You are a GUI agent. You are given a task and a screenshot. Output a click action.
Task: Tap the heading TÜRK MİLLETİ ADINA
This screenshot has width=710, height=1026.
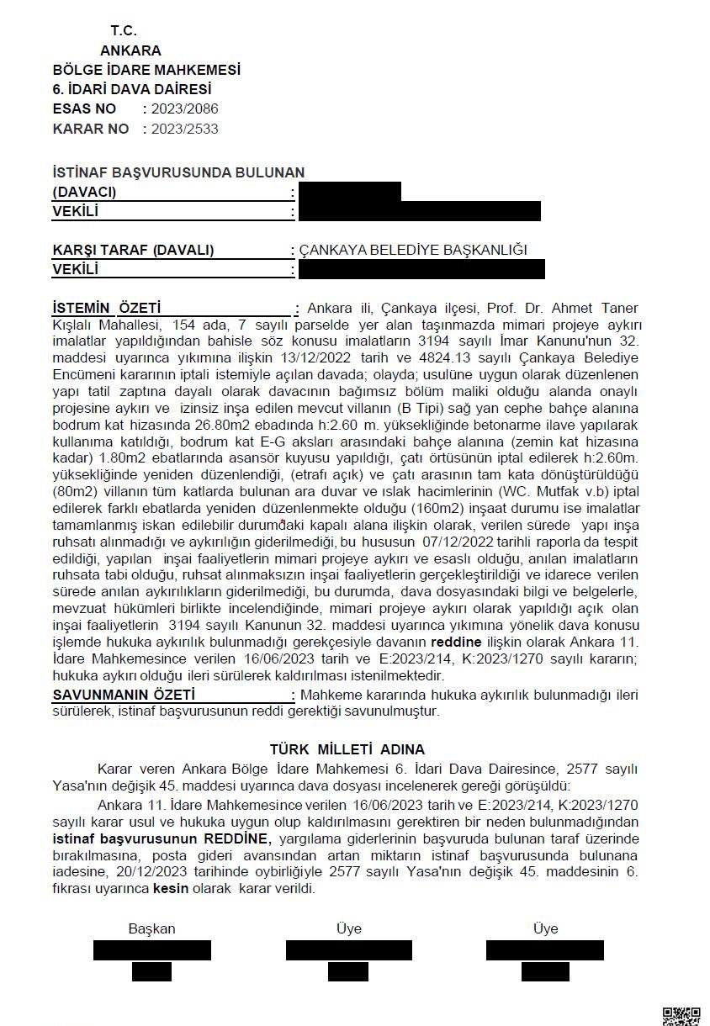coord(347,748)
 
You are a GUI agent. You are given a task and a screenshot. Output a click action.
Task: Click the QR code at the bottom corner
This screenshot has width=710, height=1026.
coord(681,1015)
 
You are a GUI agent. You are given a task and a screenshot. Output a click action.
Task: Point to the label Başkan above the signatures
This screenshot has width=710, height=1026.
coord(151,928)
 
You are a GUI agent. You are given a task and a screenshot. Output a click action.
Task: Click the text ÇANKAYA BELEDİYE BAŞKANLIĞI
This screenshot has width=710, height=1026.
coord(413,250)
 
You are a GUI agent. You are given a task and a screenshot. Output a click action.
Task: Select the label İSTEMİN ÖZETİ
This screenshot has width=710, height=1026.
coord(107,308)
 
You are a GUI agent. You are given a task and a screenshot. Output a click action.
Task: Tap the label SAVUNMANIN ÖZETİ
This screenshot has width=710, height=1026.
coord(124,695)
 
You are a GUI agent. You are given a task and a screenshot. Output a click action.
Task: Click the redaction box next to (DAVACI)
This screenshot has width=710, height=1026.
coord(349,191)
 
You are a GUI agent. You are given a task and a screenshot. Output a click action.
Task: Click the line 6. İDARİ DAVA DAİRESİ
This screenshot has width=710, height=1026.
coord(132,88)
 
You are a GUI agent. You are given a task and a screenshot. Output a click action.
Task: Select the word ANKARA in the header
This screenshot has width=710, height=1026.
coord(130,50)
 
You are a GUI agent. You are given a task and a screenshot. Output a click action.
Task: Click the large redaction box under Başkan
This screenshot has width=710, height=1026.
coord(152,950)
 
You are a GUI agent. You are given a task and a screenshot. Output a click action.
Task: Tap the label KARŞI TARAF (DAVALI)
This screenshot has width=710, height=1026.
coord(133,250)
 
